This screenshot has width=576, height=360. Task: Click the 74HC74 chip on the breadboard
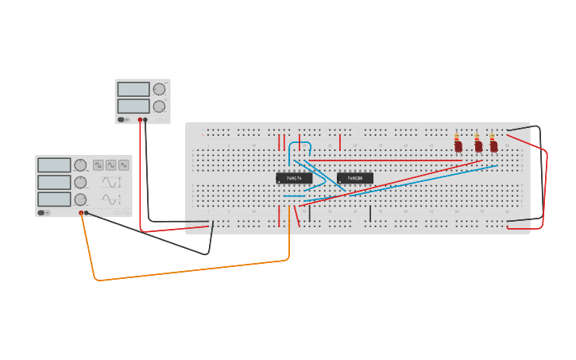[294, 178]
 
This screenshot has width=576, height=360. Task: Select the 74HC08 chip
[355, 178]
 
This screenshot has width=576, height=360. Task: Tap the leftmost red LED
[458, 147]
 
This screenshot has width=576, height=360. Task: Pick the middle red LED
[477, 147]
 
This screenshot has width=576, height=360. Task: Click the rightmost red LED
[493, 147]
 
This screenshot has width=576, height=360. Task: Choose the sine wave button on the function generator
[111, 165]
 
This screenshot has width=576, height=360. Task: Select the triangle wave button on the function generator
[124, 165]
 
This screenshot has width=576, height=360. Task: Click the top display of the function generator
[54, 165]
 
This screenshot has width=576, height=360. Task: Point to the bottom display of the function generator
[54, 199]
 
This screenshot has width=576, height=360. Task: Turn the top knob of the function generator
[80, 165]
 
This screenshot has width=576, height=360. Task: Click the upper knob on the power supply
[159, 89]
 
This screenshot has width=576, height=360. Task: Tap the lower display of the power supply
[133, 106]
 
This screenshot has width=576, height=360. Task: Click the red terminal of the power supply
[140, 120]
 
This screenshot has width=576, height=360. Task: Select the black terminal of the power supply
[145, 120]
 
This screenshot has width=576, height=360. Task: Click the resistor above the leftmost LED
[458, 136]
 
